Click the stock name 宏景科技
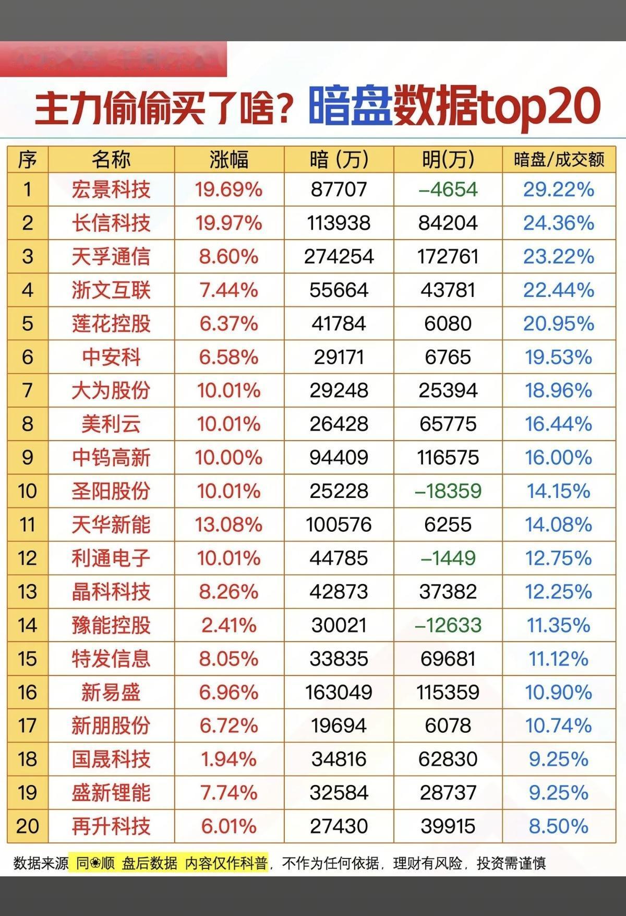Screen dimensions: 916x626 (x=111, y=189)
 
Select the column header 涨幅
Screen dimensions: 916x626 (x=228, y=159)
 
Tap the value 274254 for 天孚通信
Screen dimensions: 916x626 (x=339, y=256)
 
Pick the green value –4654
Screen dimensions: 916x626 (x=448, y=189)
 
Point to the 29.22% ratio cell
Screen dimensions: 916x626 (x=559, y=189)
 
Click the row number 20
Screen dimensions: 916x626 (x=28, y=826)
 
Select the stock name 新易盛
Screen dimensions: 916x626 (x=111, y=692)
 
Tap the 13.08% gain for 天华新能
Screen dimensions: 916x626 (x=228, y=525)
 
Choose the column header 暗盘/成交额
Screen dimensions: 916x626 (x=559, y=159)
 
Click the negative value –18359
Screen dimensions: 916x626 (x=448, y=491)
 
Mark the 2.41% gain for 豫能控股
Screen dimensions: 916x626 (x=228, y=625)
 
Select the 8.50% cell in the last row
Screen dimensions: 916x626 (x=559, y=826)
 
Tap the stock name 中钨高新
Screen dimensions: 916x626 (x=111, y=458)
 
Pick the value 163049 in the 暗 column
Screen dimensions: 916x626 (x=339, y=692)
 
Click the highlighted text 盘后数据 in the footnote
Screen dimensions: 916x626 (x=150, y=863)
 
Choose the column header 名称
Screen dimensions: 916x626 (x=111, y=159)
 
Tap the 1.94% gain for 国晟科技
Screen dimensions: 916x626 (x=228, y=759)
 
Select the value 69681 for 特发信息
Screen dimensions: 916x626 (x=448, y=659)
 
